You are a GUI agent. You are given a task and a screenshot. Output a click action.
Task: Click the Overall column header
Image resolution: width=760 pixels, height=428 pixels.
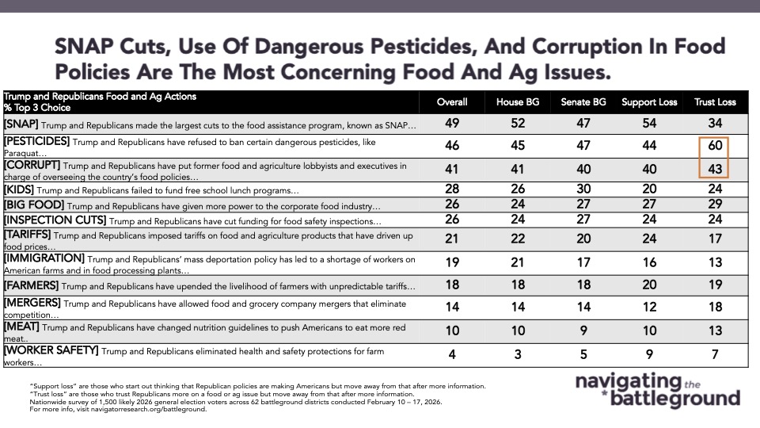(x=452, y=102)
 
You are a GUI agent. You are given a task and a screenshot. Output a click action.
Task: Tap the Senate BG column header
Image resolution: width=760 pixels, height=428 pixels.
(x=582, y=102)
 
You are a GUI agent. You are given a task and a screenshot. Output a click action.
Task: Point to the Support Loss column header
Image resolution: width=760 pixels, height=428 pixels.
(x=648, y=102)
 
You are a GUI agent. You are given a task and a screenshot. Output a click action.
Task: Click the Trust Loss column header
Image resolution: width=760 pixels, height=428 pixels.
(x=715, y=102)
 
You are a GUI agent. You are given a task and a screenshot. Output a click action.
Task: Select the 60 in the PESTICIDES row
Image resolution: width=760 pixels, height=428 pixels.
(x=715, y=146)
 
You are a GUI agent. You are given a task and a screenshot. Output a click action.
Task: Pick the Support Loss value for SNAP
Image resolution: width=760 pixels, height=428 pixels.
(x=648, y=124)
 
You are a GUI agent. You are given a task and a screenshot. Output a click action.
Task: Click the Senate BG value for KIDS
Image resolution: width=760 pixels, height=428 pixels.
(x=582, y=190)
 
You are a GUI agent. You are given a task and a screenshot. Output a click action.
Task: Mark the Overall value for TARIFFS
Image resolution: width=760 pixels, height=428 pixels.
(x=452, y=239)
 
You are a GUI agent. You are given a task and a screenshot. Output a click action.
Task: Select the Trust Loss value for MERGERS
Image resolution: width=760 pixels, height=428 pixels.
(x=715, y=308)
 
